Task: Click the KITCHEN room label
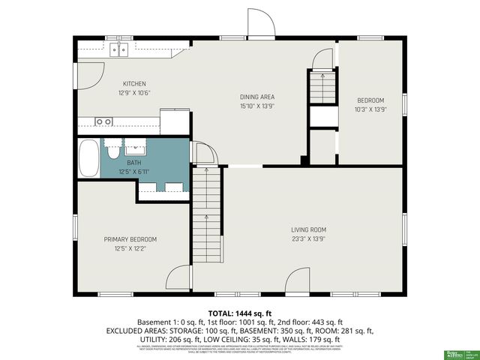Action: (134, 83)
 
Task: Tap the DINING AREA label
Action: (257, 97)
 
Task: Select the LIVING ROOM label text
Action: (309, 229)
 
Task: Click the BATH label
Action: (133, 162)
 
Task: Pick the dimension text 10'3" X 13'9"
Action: (370, 109)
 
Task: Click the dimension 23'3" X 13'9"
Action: (309, 238)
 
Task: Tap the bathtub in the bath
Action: (89, 157)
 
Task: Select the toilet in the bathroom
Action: (112, 152)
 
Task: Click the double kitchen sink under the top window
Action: (119, 49)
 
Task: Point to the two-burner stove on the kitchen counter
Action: (103, 121)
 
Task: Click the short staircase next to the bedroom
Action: (322, 86)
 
